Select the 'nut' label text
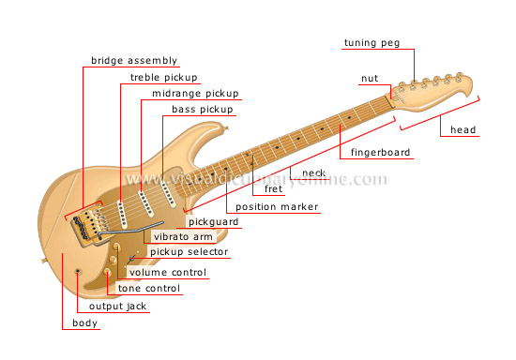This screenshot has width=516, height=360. click(370, 78)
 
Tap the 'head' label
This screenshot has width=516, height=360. click(463, 129)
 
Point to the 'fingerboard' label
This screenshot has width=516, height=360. click(381, 152)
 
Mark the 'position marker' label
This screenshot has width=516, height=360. click(277, 207)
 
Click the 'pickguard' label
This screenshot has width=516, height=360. click(213, 222)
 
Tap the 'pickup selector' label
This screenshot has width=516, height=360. click(189, 252)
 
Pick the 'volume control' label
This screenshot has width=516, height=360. click(168, 273)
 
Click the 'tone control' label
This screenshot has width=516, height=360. click(149, 289)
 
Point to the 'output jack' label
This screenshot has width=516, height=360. click(117, 306)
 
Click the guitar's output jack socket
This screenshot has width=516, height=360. click(78, 271)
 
